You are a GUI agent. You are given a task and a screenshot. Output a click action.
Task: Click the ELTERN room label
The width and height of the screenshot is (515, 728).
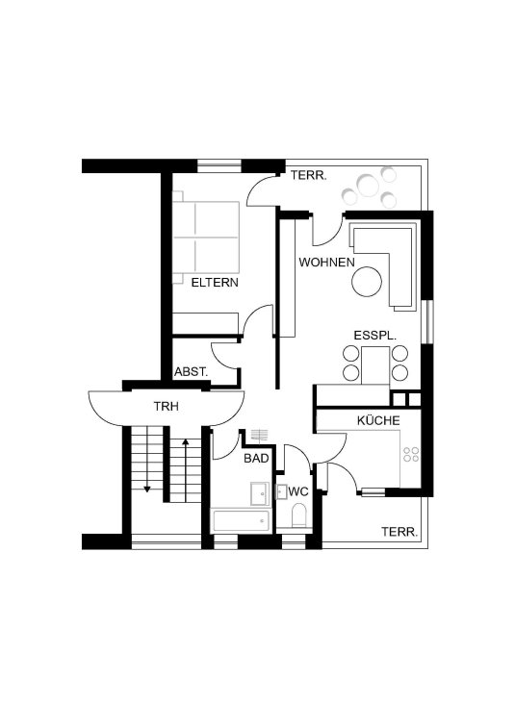coord(215,283)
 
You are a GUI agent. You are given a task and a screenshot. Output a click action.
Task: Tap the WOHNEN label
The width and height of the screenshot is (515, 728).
coord(326,263)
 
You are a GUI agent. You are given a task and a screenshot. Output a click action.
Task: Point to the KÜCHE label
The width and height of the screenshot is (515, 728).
coord(378,420)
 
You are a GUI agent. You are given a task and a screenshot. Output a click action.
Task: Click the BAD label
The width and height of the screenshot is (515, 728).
coord(257,459)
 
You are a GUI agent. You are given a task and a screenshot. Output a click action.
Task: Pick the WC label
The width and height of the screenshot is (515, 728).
coord(298,491)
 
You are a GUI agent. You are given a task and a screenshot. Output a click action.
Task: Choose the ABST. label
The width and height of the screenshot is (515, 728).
coord(191,372)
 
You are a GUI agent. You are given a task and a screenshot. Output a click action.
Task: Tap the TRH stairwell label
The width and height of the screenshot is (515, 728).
coord(167,407)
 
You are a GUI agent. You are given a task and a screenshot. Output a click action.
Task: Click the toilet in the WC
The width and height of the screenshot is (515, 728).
coord(298,516)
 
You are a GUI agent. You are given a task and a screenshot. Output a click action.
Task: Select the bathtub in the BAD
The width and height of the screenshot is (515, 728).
coord(242,521)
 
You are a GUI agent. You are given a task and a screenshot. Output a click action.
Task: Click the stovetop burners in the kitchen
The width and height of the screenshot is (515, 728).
coord(411,455)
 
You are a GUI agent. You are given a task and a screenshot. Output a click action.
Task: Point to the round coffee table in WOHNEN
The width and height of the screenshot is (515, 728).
coord(367,282)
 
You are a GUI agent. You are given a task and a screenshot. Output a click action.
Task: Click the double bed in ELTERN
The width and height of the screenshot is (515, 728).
coord(206,237)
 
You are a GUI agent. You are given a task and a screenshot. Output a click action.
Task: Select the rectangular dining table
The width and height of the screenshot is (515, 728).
coord(375,364)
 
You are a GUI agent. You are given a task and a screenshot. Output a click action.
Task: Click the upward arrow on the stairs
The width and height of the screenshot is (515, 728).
coord(186,470)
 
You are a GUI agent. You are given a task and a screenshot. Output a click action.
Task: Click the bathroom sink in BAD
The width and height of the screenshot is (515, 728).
coord(259,493)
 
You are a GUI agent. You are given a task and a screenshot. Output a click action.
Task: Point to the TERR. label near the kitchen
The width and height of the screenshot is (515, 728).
coord(399,532)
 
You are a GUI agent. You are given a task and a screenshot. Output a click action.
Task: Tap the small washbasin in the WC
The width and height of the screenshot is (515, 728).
coord(282,491)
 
